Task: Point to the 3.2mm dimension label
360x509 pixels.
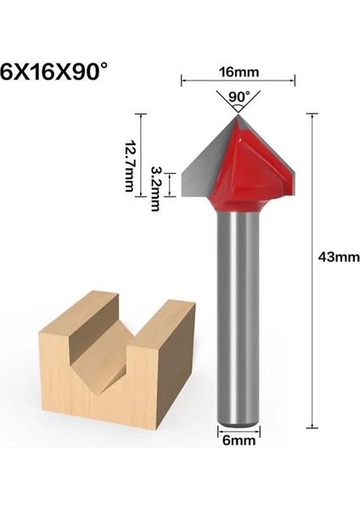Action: click(x=155, y=182)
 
